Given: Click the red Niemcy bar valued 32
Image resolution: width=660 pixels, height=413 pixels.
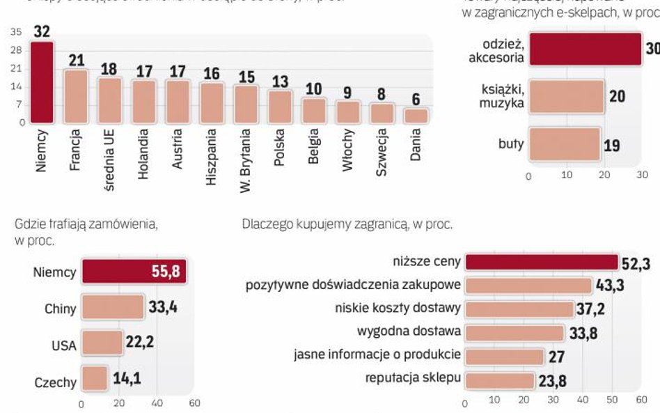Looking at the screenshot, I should point(42,82).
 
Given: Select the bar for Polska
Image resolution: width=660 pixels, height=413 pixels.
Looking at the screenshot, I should point(280,107).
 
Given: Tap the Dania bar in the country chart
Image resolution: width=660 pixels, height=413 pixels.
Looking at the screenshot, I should point(416,116).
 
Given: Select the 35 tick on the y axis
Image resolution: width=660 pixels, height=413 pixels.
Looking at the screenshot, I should point(17,31).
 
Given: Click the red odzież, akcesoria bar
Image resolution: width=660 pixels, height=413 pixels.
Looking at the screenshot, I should point(585,49).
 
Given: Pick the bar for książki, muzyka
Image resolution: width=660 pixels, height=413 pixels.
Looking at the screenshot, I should point(566,96).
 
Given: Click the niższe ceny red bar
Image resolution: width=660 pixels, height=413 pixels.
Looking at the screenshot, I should point(541,262).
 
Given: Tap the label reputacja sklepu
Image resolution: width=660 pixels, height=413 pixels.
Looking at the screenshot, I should point(412,378).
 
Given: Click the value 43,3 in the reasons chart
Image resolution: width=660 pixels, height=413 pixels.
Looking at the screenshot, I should point(609,286).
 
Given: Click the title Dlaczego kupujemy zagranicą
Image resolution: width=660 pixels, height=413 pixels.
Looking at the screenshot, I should point(347,224).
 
